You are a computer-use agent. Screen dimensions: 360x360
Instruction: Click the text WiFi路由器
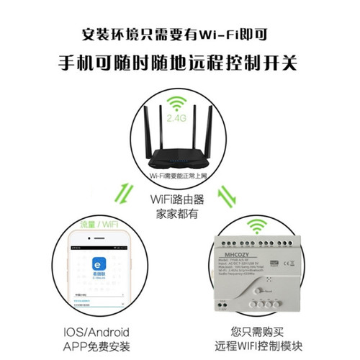click(x=180, y=199)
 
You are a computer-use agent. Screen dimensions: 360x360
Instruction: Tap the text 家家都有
click(x=180, y=214)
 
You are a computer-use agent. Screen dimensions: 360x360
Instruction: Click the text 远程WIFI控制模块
click(x=263, y=347)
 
